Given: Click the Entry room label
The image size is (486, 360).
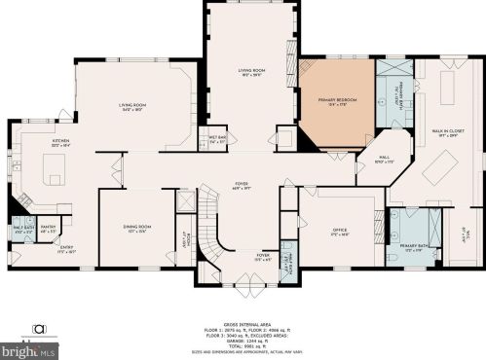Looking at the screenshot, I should tap(66, 248).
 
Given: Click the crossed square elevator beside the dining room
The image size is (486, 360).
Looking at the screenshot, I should tap(181, 200).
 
